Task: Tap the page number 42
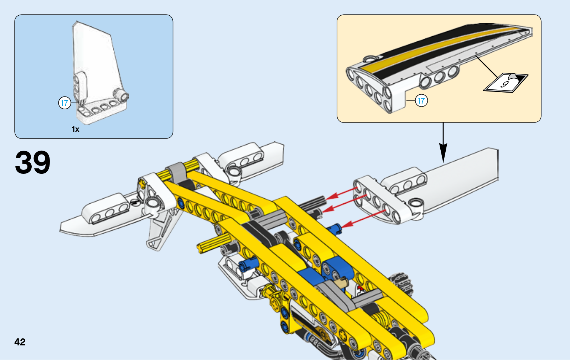[20, 342]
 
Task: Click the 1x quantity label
[76, 129]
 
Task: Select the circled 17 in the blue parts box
[64, 103]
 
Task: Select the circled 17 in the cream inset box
[421, 101]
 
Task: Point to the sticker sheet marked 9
[505, 83]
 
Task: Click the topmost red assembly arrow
[342, 192]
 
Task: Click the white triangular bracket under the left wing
[162, 228]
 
